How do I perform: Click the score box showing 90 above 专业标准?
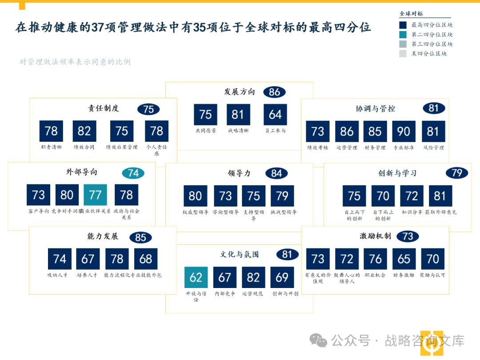(x=404, y=132)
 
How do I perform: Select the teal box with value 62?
(x=196, y=277)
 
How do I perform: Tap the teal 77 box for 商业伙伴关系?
(x=95, y=195)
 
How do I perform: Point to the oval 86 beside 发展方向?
(x=274, y=92)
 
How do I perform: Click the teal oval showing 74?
(x=133, y=173)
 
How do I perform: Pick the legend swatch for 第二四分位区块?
(x=403, y=35)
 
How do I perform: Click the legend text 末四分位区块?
(x=429, y=54)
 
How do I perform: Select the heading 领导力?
(x=239, y=173)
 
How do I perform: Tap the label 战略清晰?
(x=238, y=131)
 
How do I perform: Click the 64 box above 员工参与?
(x=275, y=115)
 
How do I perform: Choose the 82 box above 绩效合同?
(x=84, y=131)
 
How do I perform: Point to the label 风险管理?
(x=433, y=148)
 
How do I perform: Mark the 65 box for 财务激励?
(x=404, y=259)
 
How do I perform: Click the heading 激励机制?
(x=375, y=236)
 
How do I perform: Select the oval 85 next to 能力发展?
(x=140, y=238)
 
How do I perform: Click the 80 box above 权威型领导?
(x=195, y=196)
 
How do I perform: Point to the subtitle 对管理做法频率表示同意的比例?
(x=75, y=62)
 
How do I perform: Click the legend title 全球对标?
(x=412, y=14)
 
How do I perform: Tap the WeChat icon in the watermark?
(x=318, y=340)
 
